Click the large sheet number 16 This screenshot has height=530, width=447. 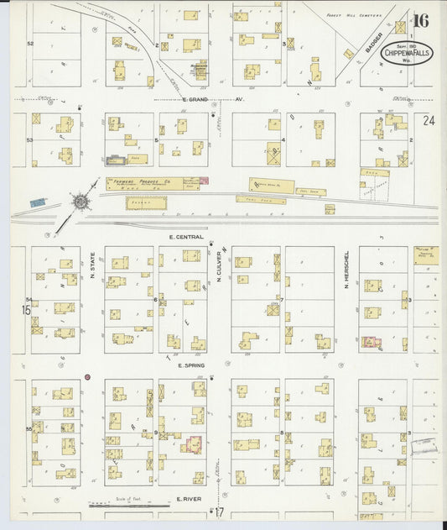coord(419,21)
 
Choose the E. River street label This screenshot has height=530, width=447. coord(191,499)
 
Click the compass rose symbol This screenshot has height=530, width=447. coord(81,202)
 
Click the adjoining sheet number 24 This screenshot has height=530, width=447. coord(429,122)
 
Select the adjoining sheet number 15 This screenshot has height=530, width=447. coord(16,310)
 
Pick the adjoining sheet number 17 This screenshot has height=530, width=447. coord(220,514)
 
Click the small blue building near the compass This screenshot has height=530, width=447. coord(37,203)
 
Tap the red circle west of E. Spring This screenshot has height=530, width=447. coord(87,377)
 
